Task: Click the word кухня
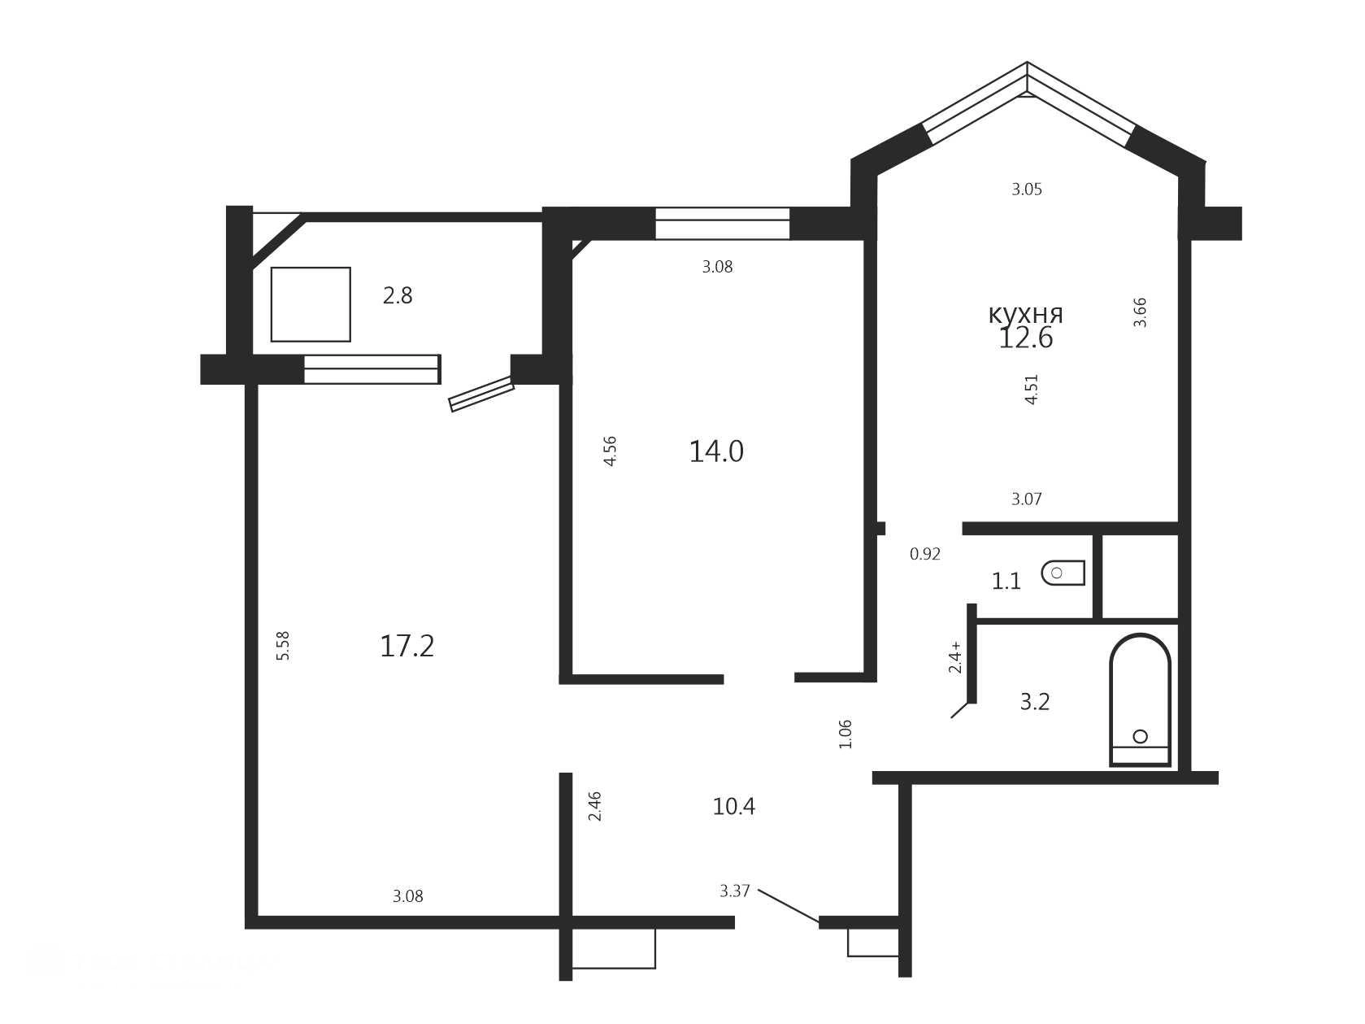[1025, 314]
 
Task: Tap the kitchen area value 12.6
[1025, 338]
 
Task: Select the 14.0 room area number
[715, 451]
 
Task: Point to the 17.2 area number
[406, 647]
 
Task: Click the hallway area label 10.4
[734, 807]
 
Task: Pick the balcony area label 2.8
[398, 295]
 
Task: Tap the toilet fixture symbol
[1063, 573]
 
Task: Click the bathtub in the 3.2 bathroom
[1140, 699]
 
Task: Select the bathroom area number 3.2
[1035, 702]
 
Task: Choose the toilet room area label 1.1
[1006, 582]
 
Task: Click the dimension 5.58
[283, 646]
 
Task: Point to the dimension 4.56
[610, 451]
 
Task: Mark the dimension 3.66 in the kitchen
[1139, 313]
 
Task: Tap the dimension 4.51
[1031, 390]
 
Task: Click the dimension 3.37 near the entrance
[734, 891]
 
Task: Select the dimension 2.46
[594, 806]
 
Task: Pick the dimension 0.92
[924, 554]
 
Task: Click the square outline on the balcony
[311, 304]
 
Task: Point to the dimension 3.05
[1026, 190]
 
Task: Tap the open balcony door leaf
[481, 394]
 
